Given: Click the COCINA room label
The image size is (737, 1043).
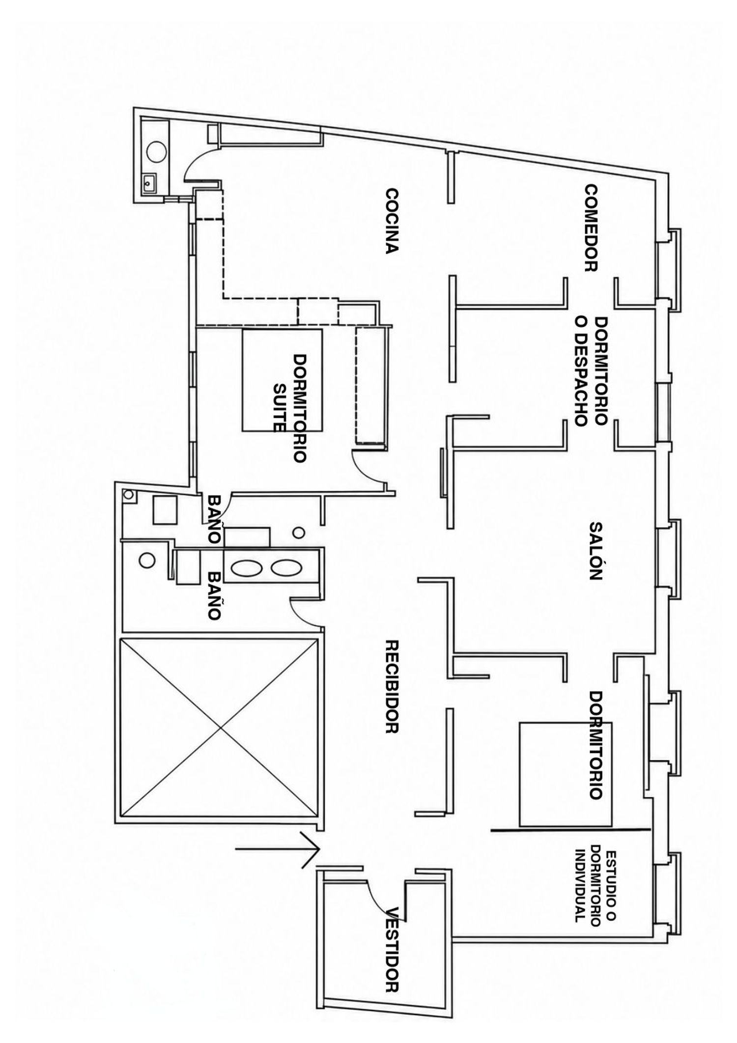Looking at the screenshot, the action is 391,221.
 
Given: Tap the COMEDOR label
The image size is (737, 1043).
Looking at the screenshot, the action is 591,228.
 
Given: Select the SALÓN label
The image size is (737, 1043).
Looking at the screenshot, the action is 595,551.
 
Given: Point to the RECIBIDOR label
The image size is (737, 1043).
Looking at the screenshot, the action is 391,687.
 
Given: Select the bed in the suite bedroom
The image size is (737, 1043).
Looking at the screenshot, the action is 282,380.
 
